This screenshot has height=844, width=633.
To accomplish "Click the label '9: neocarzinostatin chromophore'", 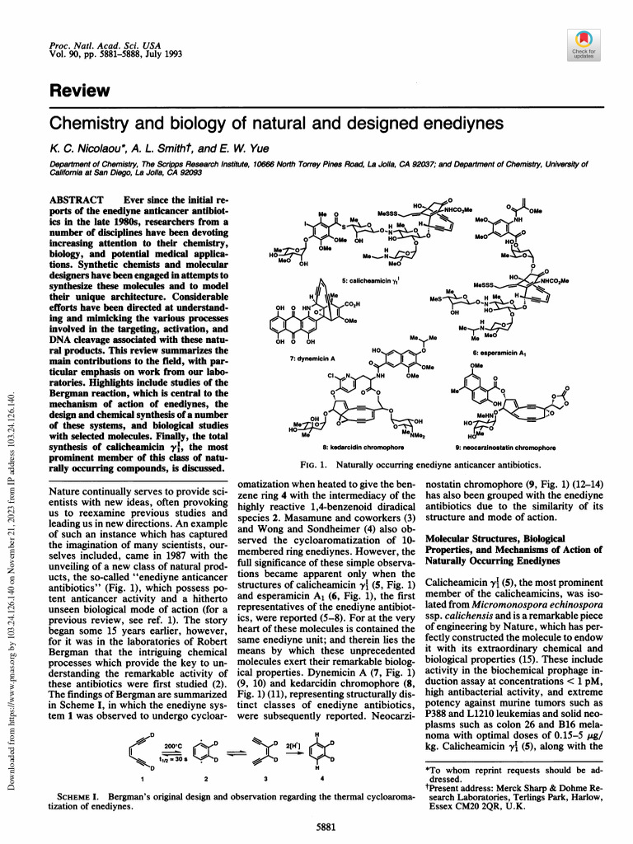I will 508,447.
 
